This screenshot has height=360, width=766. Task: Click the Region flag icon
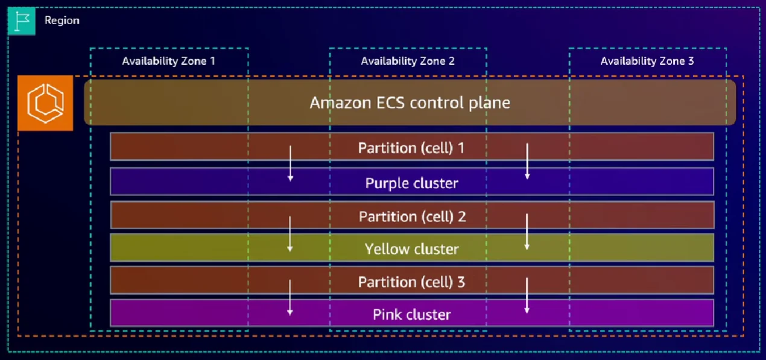(x=21, y=21)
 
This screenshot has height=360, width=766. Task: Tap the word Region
(x=62, y=21)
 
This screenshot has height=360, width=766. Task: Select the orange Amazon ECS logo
(x=45, y=103)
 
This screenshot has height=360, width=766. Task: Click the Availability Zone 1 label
(x=168, y=61)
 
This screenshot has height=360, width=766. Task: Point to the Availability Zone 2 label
(x=408, y=61)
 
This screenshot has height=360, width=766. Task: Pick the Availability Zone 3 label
(x=647, y=61)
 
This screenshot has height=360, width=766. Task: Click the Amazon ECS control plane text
(x=410, y=103)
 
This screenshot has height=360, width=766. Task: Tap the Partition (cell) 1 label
(x=411, y=147)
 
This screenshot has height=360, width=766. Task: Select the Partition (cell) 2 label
(x=412, y=216)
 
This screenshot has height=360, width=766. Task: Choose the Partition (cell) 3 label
(x=411, y=282)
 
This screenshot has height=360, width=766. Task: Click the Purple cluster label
(x=411, y=183)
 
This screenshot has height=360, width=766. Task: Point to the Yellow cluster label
(x=411, y=248)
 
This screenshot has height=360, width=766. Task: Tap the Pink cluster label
(x=411, y=314)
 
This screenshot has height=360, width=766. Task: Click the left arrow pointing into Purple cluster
(x=290, y=163)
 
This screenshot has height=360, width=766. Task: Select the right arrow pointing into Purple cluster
(x=527, y=161)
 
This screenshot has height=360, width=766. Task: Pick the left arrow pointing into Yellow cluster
(x=290, y=233)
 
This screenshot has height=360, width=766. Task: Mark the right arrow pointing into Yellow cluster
(x=527, y=232)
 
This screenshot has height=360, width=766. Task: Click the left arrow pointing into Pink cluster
(x=290, y=297)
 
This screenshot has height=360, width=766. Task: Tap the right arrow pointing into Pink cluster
(x=527, y=295)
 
